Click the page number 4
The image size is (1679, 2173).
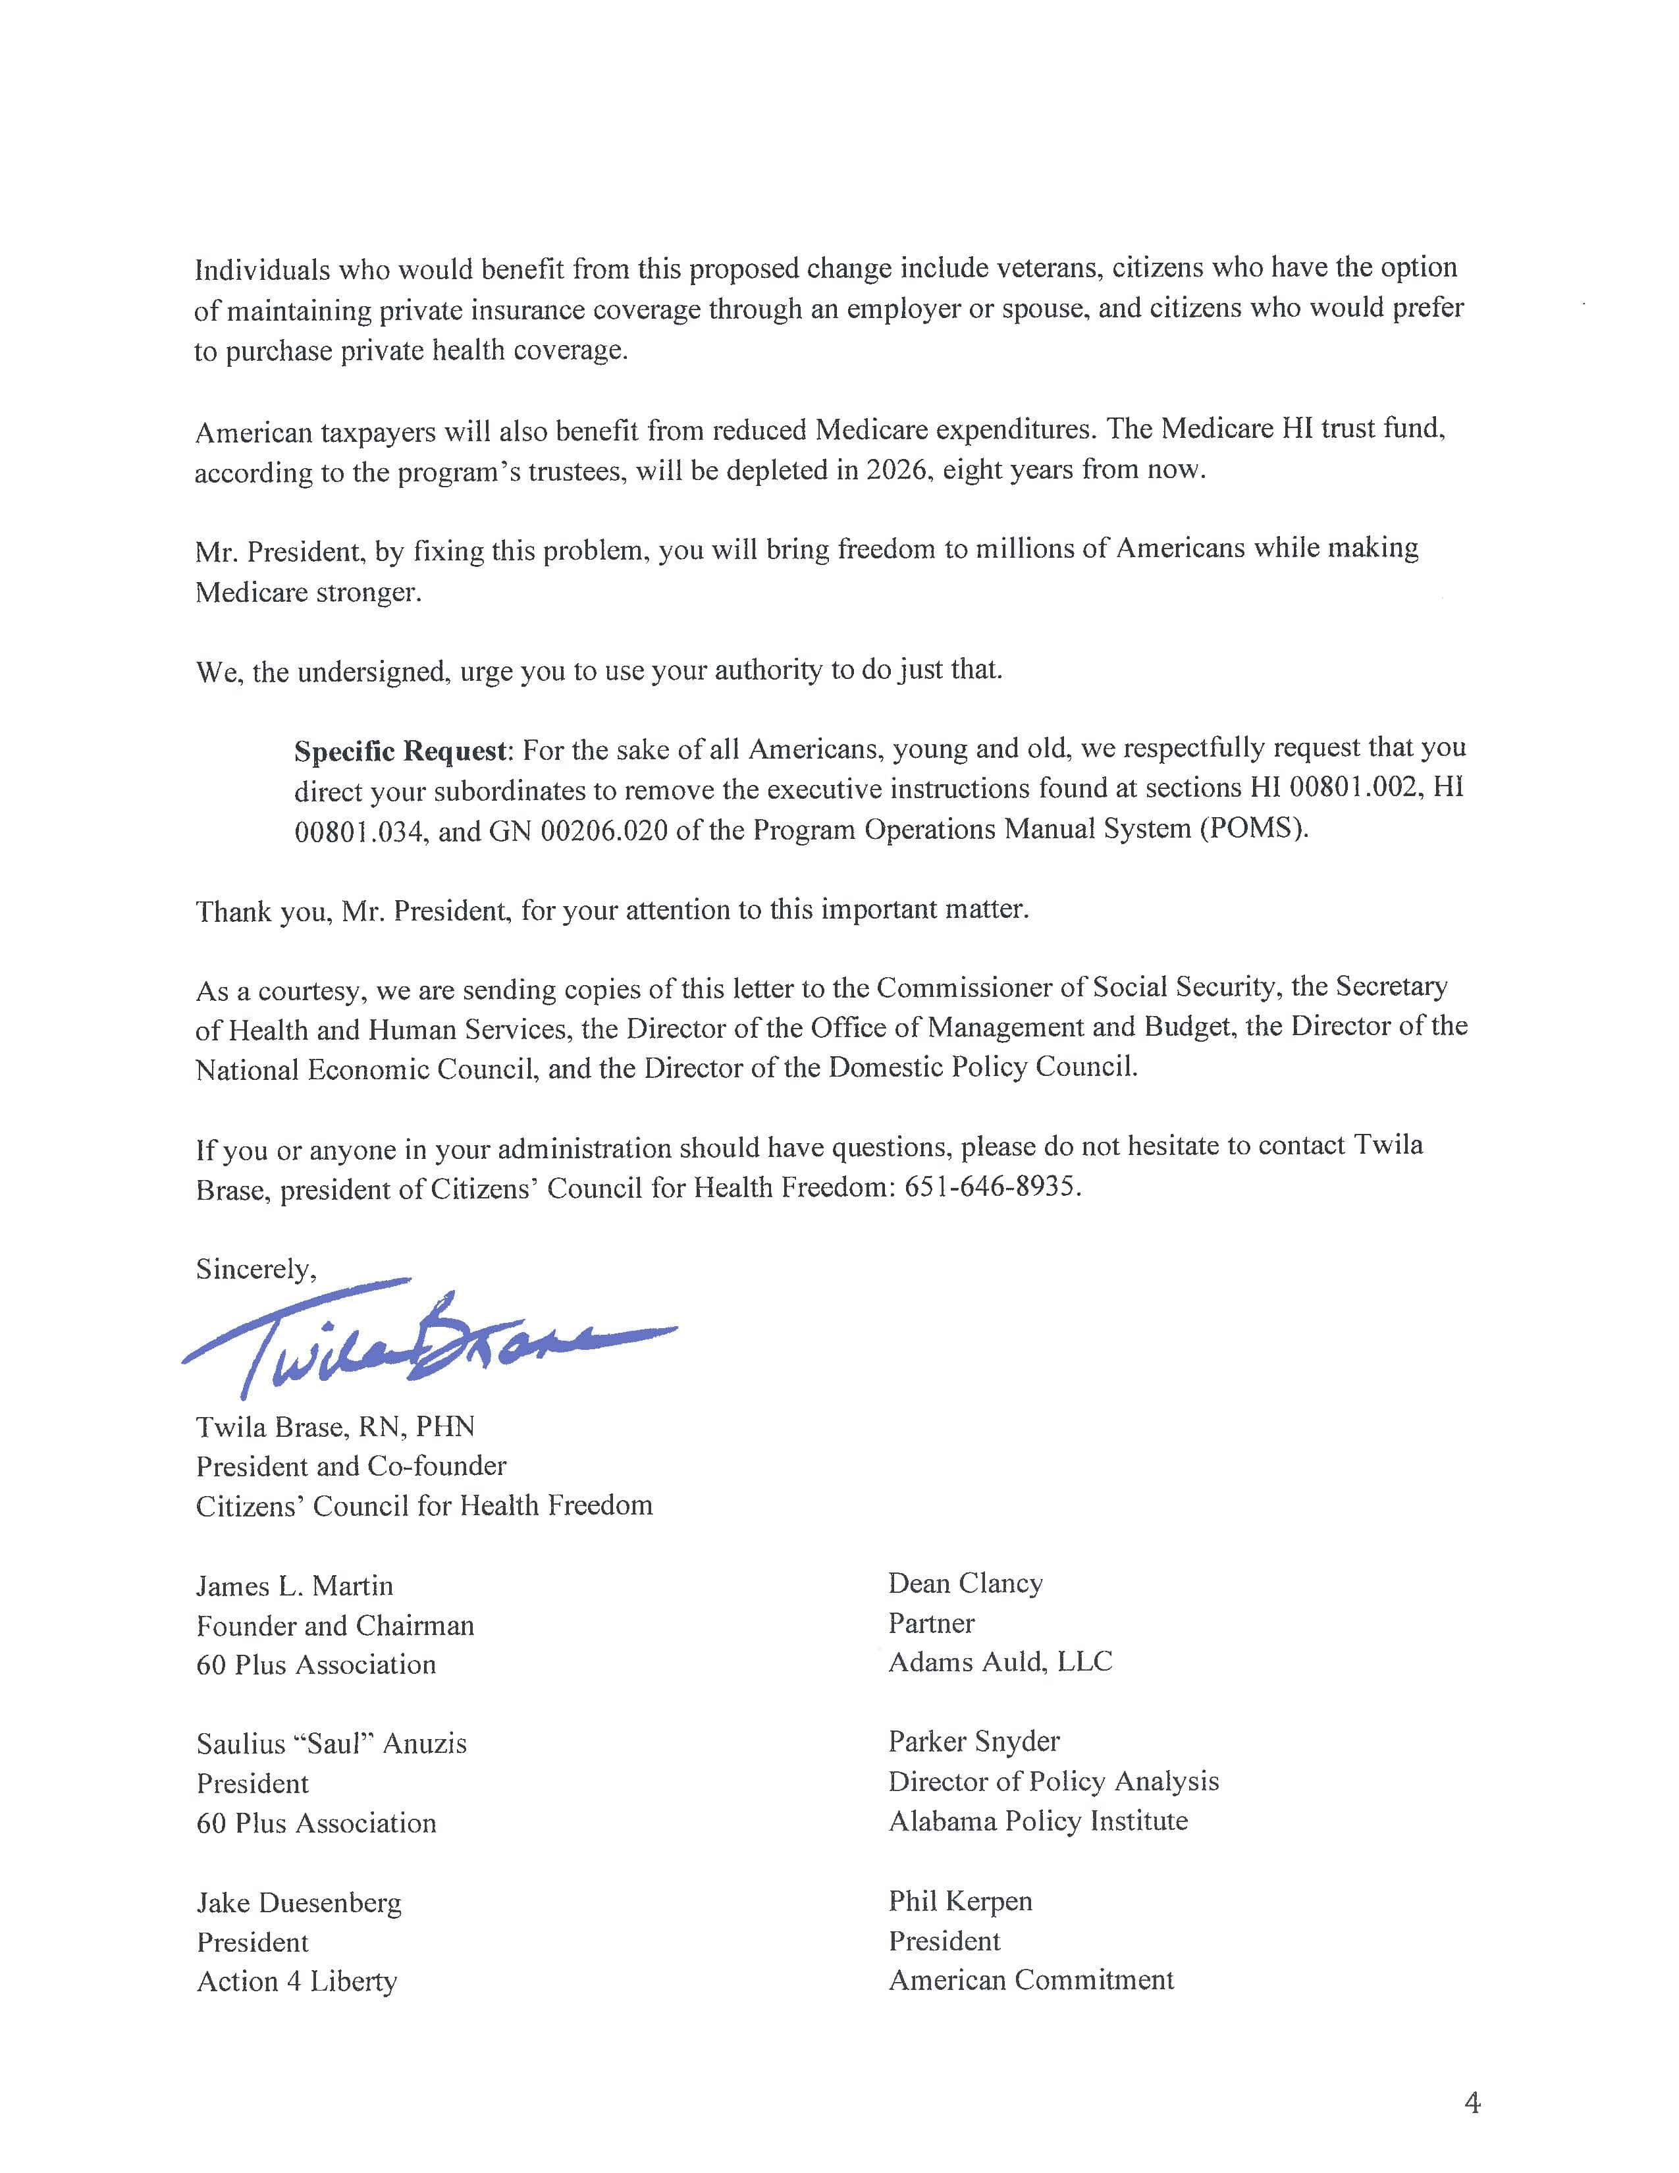click(1472, 2103)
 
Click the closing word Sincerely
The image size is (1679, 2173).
click(255, 1269)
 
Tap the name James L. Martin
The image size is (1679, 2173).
click(294, 1585)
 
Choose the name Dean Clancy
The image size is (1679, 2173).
click(965, 1583)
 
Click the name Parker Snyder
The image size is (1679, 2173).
click(974, 1741)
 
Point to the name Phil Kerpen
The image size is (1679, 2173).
click(960, 1900)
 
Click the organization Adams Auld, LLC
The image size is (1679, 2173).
click(999, 1661)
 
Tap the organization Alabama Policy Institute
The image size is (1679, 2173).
click(1038, 1821)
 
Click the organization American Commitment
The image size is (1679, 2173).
click(1030, 1980)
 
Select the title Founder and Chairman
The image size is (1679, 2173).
click(335, 1624)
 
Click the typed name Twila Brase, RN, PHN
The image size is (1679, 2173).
click(335, 1427)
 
